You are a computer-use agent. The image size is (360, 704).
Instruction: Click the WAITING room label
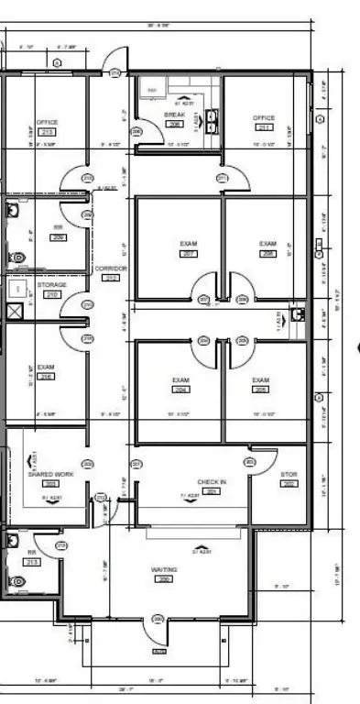[x=164, y=569]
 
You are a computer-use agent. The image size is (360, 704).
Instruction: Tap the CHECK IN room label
[x=211, y=481]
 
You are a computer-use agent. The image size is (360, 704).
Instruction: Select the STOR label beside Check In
[x=289, y=475]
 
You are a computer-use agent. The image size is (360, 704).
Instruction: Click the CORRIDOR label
[x=110, y=268]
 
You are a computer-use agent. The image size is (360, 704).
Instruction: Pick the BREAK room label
[x=174, y=115]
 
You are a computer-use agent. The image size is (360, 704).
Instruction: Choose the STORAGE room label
[x=51, y=285]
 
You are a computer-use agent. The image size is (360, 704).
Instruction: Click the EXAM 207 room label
[x=189, y=243]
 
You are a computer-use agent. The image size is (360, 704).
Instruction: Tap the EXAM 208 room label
[x=267, y=243]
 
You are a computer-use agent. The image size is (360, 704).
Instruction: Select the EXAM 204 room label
[x=180, y=379]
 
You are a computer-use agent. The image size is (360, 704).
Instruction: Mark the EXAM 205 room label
[x=260, y=379]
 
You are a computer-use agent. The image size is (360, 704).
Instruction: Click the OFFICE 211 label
[x=264, y=118]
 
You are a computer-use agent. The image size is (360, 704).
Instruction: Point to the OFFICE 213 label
[x=47, y=122]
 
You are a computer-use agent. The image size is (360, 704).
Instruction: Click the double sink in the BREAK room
[x=213, y=122]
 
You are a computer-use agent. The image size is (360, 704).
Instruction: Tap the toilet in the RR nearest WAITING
[x=16, y=580]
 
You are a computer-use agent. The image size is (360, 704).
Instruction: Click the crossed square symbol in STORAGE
[x=14, y=311]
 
